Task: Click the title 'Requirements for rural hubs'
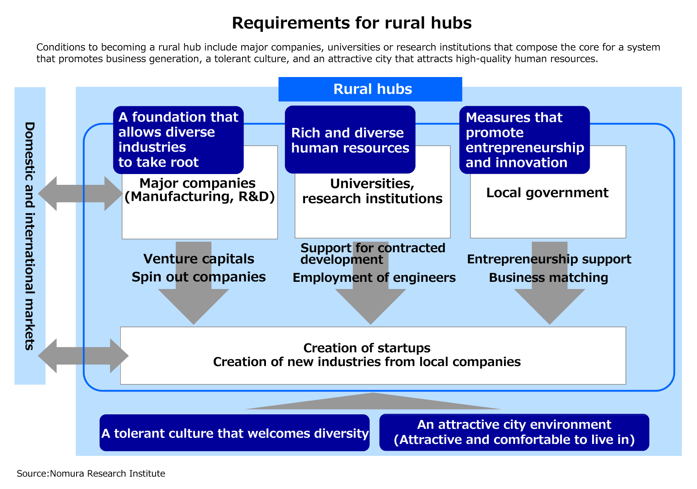[x=352, y=23]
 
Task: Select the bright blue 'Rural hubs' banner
[x=370, y=89]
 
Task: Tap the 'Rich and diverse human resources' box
[x=350, y=140]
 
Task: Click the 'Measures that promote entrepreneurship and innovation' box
[x=524, y=140]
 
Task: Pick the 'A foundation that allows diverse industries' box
[x=178, y=140]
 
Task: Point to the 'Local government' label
[x=547, y=193]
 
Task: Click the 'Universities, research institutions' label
[x=372, y=191]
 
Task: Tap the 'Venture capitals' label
[x=199, y=259]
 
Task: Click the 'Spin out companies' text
[x=199, y=277]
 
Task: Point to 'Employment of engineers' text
[x=374, y=278]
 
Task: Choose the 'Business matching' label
[x=548, y=278]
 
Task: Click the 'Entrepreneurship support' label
[x=549, y=259]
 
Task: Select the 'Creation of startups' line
[x=367, y=348]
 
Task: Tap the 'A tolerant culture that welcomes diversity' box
[x=234, y=433]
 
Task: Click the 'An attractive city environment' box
[x=514, y=432]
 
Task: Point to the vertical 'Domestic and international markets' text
[x=30, y=236]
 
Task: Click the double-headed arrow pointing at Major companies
[x=80, y=194]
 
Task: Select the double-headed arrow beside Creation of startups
[x=83, y=356]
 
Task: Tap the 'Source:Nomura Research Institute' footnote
[x=91, y=474]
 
